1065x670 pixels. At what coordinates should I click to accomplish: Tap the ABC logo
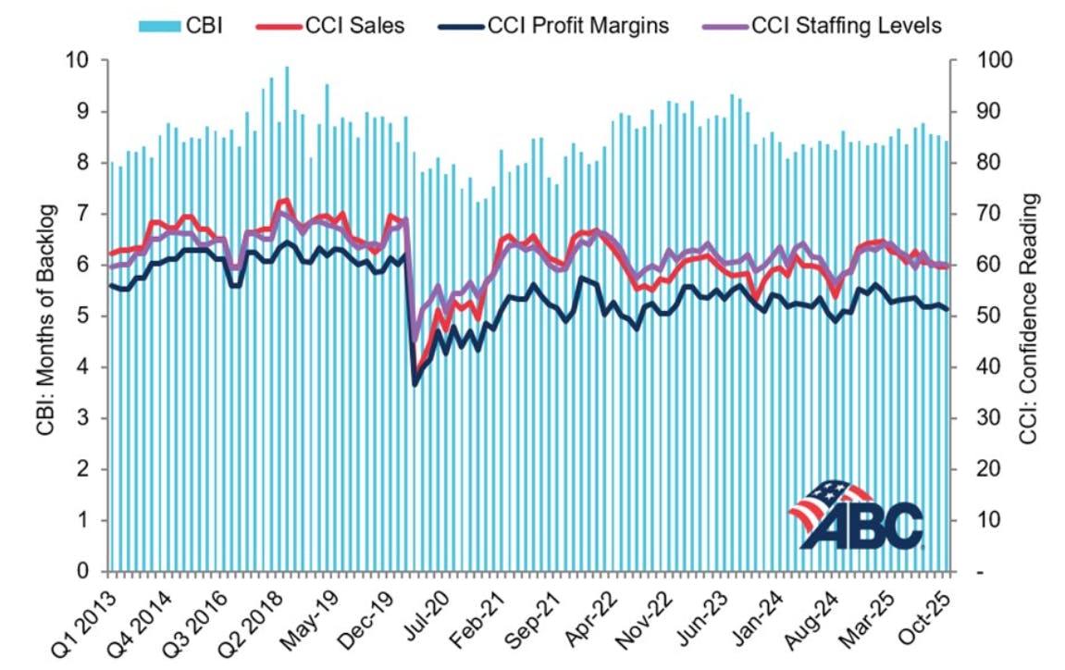(x=856, y=515)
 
